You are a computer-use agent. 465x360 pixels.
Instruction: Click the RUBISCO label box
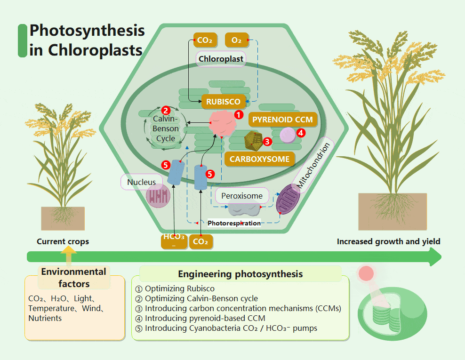coord(223,101)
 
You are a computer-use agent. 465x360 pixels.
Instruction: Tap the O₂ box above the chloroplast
coord(237,40)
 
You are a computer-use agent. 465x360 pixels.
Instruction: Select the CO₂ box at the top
coord(205,40)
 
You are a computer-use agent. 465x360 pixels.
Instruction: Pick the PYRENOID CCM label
coord(282,120)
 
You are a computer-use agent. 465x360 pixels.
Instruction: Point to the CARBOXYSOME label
coord(259,159)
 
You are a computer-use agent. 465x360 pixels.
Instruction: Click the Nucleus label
coord(141,182)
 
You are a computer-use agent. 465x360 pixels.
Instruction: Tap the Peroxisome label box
coord(242,195)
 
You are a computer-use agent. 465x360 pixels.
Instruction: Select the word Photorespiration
coord(234,223)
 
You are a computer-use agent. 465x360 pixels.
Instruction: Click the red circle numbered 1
coord(239,114)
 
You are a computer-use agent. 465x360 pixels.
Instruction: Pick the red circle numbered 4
coord(301,133)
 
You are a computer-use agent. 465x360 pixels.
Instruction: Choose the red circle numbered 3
coord(267,140)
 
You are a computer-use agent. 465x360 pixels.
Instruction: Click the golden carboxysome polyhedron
coord(254,139)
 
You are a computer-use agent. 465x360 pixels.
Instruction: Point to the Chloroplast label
coord(221,59)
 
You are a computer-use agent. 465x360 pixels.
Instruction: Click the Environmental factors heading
coord(74,278)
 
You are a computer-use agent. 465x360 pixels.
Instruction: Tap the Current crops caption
coord(63,241)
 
